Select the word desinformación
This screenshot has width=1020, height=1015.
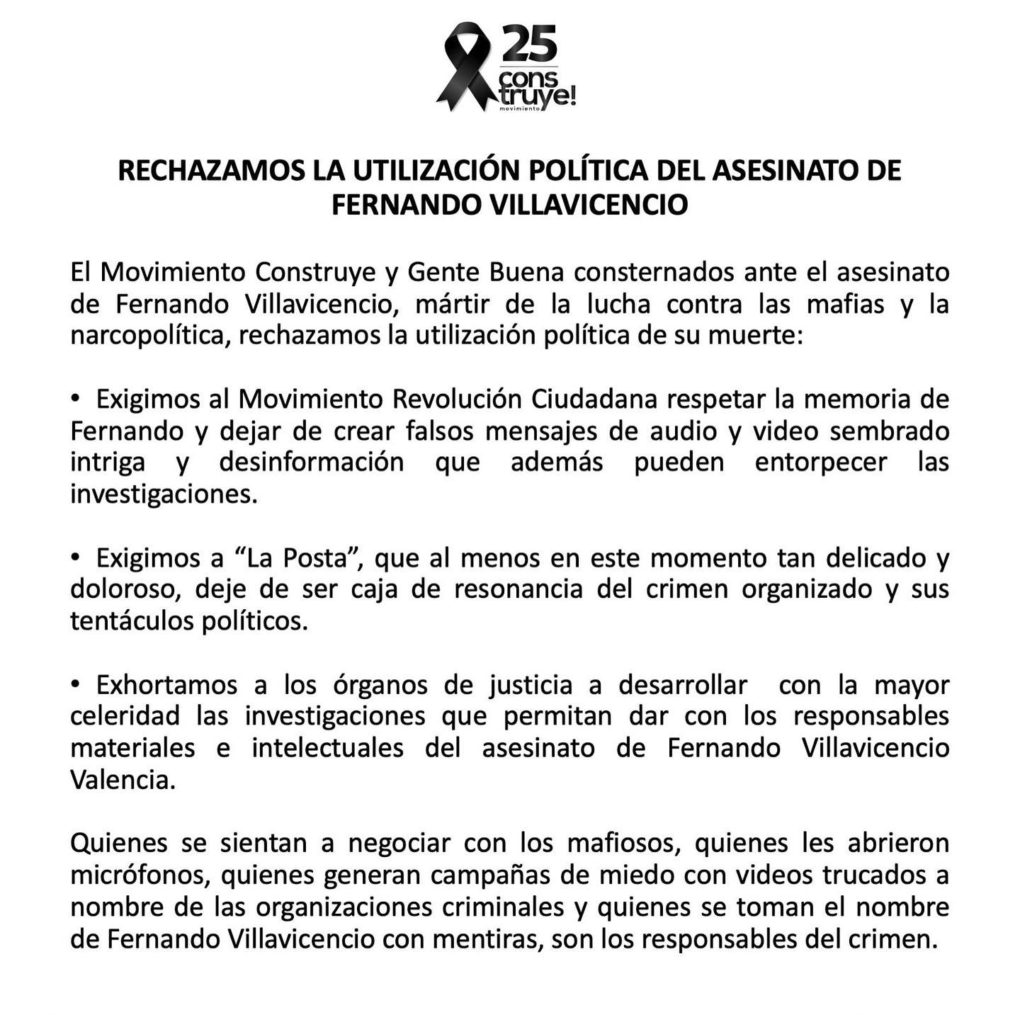(x=312, y=463)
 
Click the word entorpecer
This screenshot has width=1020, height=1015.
(x=820, y=463)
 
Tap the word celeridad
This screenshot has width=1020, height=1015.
(x=125, y=716)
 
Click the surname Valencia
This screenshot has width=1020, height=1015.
(x=122, y=780)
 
